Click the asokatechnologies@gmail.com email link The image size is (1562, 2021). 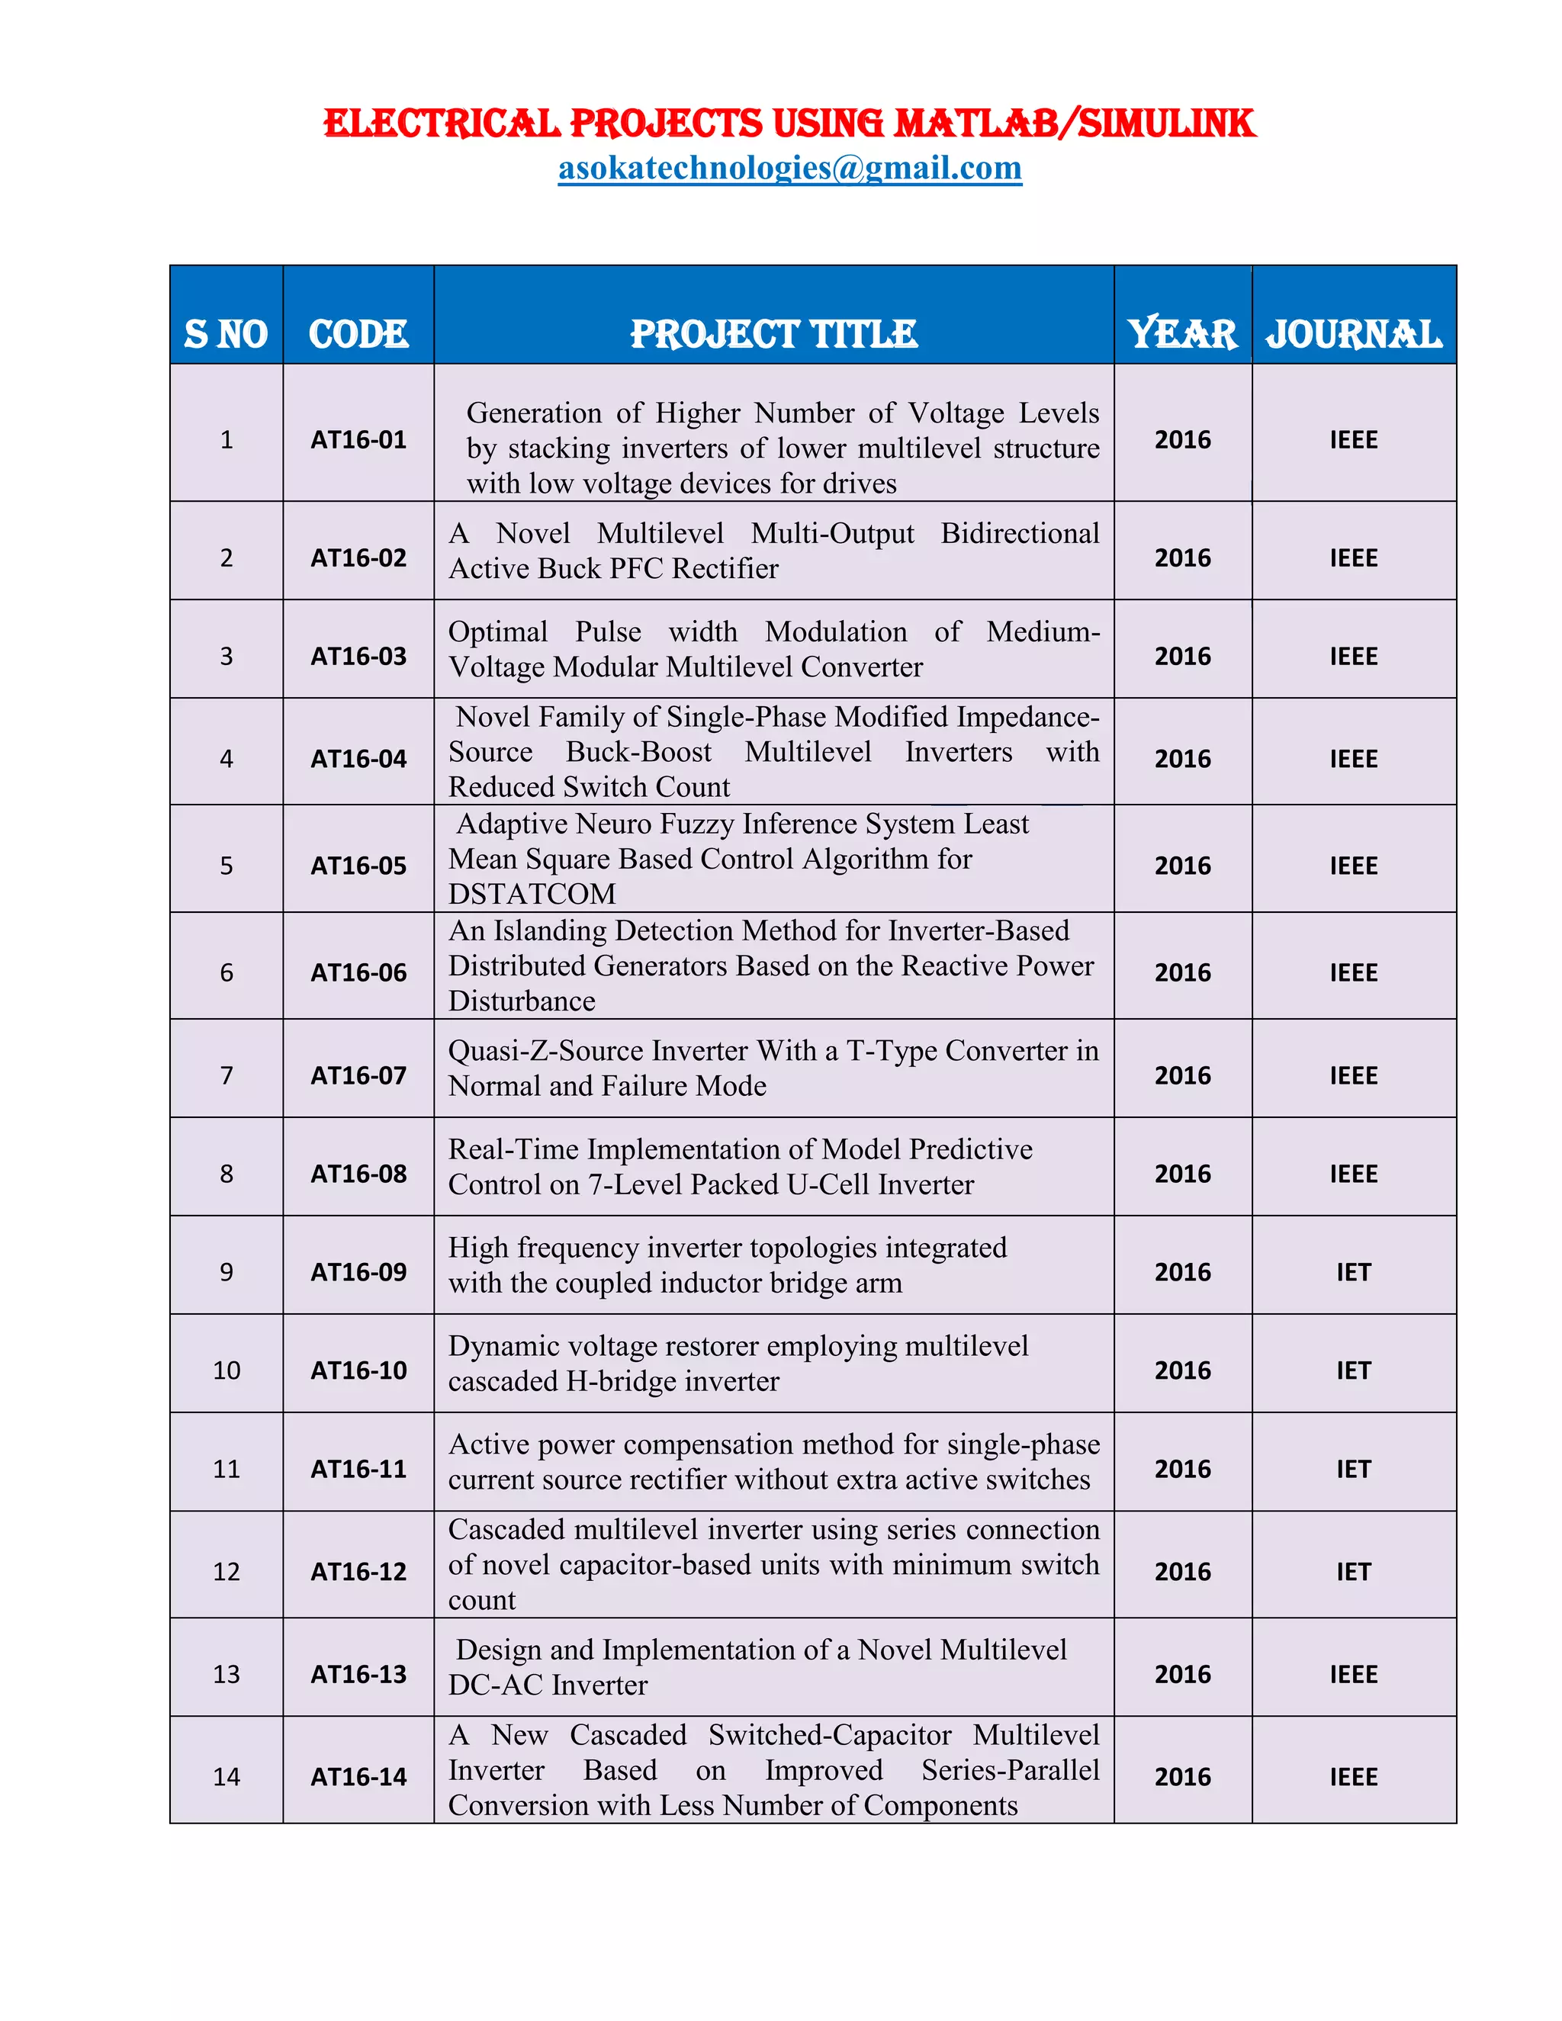pyautogui.click(x=789, y=169)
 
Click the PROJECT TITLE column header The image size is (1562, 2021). pyautogui.click(x=773, y=334)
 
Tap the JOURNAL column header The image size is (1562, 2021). pyautogui.click(x=1353, y=334)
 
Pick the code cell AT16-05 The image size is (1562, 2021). pyautogui.click(x=358, y=866)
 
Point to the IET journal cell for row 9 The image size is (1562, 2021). pyautogui.click(x=1353, y=1272)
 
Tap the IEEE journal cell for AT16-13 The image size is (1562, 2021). pyautogui.click(x=1353, y=1675)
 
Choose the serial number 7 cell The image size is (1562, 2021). pyautogui.click(x=227, y=1076)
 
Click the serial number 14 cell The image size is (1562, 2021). pyautogui.click(x=227, y=1778)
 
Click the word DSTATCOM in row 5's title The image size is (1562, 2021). pyautogui.click(x=532, y=895)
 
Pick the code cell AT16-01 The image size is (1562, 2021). pyautogui.click(x=358, y=439)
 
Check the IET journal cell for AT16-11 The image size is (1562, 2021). pyautogui.click(x=1353, y=1470)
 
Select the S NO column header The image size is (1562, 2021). pyautogui.click(x=227, y=334)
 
